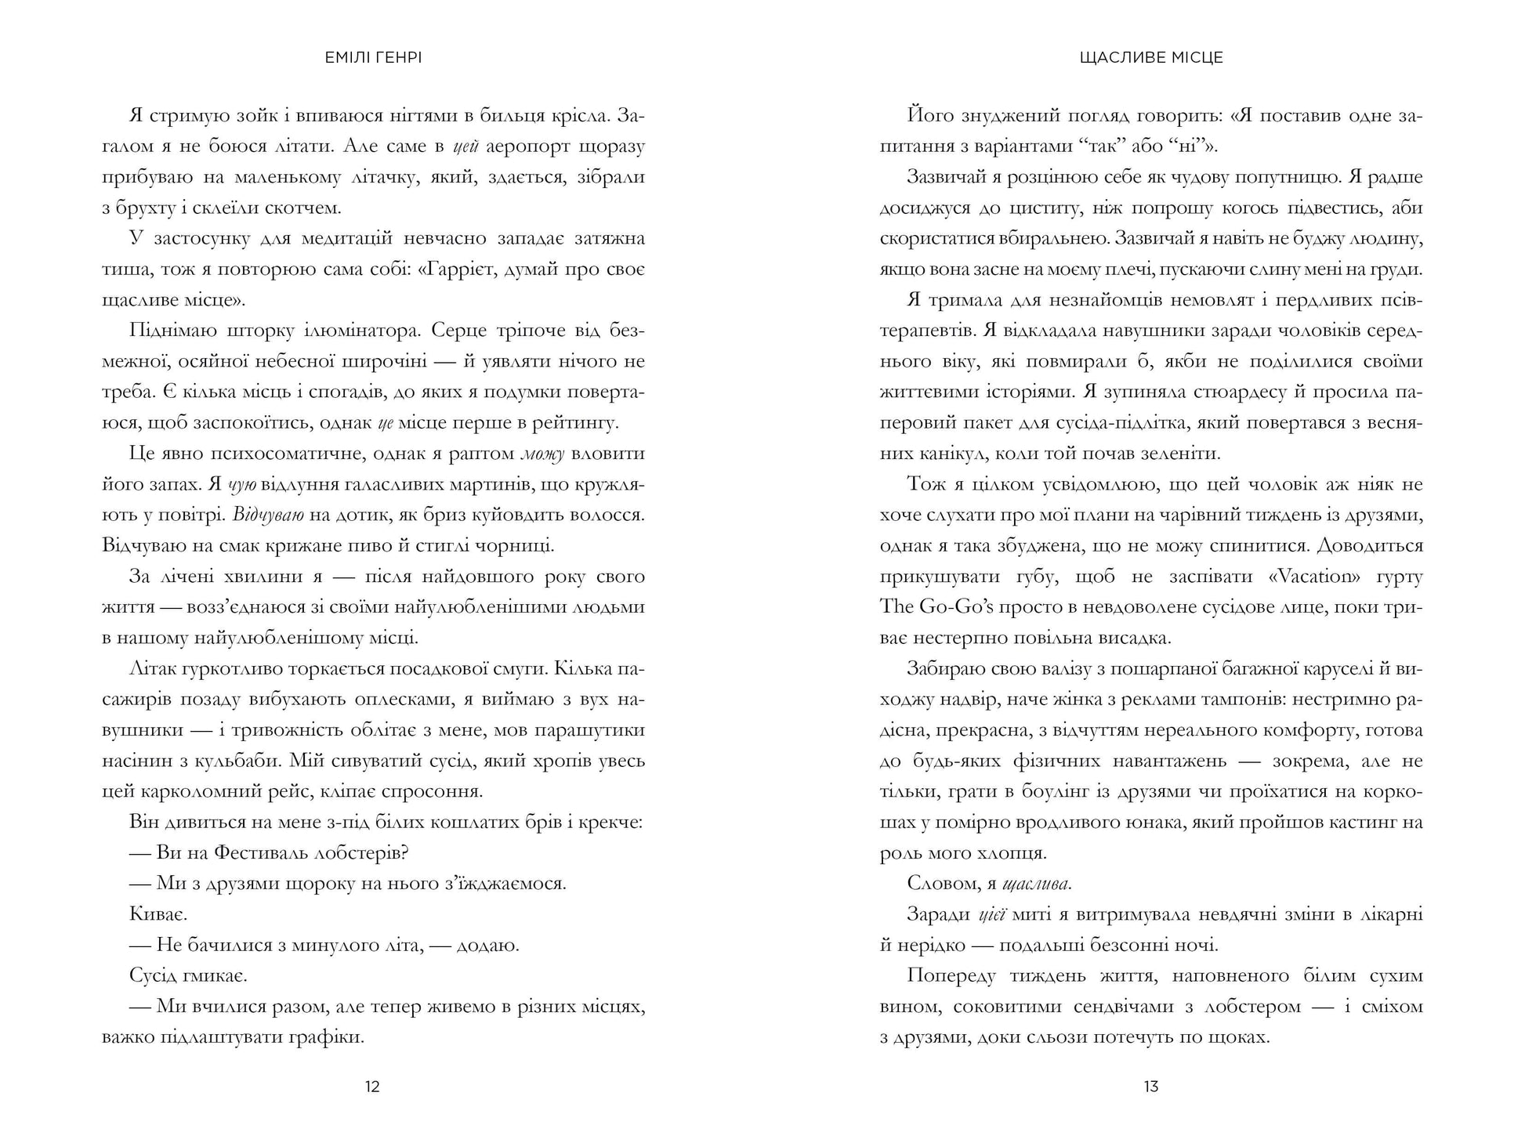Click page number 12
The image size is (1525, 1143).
tap(372, 1087)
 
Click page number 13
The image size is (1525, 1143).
tap(1150, 1087)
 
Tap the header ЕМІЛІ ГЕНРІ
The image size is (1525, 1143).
tap(373, 57)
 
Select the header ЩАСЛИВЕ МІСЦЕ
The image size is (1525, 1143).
tap(1150, 57)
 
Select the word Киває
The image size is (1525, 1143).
tap(158, 914)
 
